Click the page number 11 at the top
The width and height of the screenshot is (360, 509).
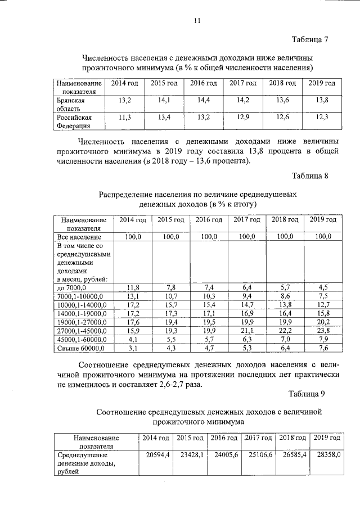(x=197, y=22)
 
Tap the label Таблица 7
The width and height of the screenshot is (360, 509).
(x=309, y=40)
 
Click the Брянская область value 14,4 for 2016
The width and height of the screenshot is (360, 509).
(x=204, y=100)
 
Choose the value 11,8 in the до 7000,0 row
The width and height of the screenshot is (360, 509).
(x=133, y=287)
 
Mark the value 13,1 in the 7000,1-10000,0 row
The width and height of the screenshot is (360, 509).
(x=133, y=296)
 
